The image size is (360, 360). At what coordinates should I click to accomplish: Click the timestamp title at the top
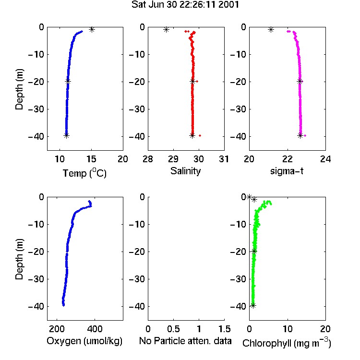[x=185, y=4]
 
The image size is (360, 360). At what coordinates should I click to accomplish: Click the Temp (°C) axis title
[x=84, y=173]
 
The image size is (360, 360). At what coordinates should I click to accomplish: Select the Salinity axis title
[x=185, y=171]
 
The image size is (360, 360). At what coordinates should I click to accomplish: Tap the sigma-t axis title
[x=287, y=171]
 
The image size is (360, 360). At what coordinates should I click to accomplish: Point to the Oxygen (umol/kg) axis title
[x=84, y=341]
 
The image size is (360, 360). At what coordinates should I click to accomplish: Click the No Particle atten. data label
[x=185, y=341]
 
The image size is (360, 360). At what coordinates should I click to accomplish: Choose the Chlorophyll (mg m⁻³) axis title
[x=287, y=343]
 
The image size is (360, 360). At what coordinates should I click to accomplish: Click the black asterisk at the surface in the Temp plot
[x=92, y=29]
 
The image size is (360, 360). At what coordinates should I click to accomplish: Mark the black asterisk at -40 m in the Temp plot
[x=66, y=135]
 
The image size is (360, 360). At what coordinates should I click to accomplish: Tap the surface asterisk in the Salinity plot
[x=166, y=29]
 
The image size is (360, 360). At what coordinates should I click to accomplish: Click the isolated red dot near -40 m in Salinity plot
[x=200, y=135]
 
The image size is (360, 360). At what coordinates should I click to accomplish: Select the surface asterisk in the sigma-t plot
[x=271, y=29]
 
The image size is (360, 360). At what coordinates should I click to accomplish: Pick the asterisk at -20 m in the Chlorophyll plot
[x=254, y=251]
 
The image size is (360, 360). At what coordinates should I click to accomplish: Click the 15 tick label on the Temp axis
[x=91, y=159]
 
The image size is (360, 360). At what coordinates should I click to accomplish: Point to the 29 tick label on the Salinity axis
[x=173, y=159]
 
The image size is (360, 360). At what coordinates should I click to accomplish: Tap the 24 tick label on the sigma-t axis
[x=325, y=159]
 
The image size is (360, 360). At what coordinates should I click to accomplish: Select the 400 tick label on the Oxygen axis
[x=95, y=329]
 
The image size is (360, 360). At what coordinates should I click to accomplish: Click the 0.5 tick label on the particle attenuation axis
[x=173, y=329]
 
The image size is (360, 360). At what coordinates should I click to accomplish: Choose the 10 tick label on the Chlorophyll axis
[x=288, y=329]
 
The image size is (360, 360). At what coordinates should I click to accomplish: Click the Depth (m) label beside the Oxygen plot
[x=20, y=259]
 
